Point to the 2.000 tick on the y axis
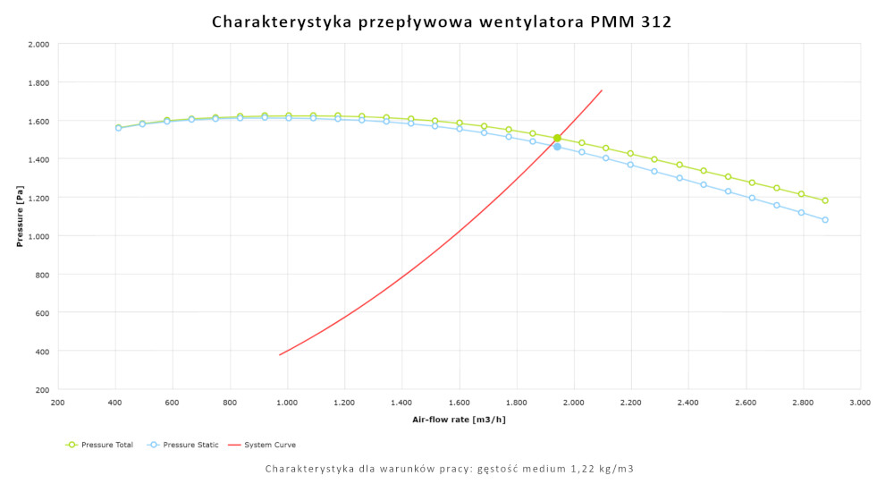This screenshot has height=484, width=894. (38, 44)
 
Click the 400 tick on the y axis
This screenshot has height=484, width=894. (41, 352)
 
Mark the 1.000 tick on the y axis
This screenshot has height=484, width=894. (38, 236)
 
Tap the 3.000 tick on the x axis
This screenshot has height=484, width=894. (859, 403)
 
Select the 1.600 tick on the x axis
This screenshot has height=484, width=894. (459, 403)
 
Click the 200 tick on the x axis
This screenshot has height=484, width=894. (58, 403)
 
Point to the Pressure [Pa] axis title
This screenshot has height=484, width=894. (19, 217)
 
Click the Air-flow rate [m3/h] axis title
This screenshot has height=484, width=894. (459, 420)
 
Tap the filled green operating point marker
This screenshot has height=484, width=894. (557, 138)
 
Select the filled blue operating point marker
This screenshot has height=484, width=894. (557, 147)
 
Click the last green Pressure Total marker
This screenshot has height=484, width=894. (825, 200)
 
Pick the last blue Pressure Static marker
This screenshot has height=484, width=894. (825, 219)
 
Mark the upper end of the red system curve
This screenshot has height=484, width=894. (602, 90)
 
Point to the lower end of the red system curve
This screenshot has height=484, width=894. (280, 355)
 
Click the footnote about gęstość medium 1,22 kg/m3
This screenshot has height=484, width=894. (450, 469)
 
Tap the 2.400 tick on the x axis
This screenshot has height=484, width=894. (687, 403)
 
